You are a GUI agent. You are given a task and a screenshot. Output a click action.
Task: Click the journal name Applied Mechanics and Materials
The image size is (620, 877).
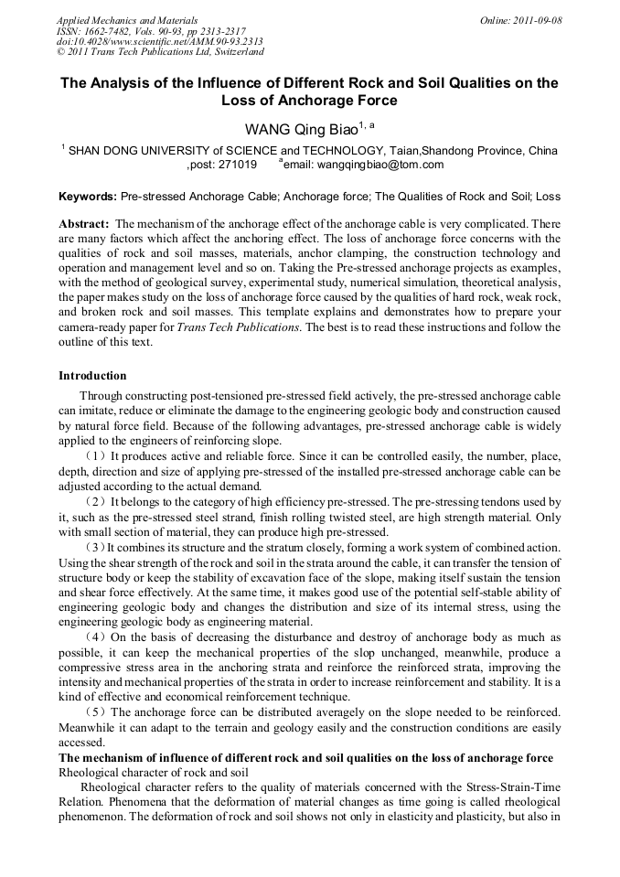(x=127, y=20)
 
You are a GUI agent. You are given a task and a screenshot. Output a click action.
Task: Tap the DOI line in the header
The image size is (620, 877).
(x=160, y=42)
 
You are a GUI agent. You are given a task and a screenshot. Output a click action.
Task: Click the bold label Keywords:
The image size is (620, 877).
(x=87, y=197)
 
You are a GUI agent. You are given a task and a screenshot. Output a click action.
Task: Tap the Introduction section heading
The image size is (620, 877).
(x=92, y=376)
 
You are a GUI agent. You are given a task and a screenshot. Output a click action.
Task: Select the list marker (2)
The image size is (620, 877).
(x=95, y=502)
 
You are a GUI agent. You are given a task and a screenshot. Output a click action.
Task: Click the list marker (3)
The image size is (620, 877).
(x=95, y=547)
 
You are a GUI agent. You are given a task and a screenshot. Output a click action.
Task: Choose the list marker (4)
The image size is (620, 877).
(x=95, y=636)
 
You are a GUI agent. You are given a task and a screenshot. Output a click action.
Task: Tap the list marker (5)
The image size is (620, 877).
(x=95, y=711)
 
